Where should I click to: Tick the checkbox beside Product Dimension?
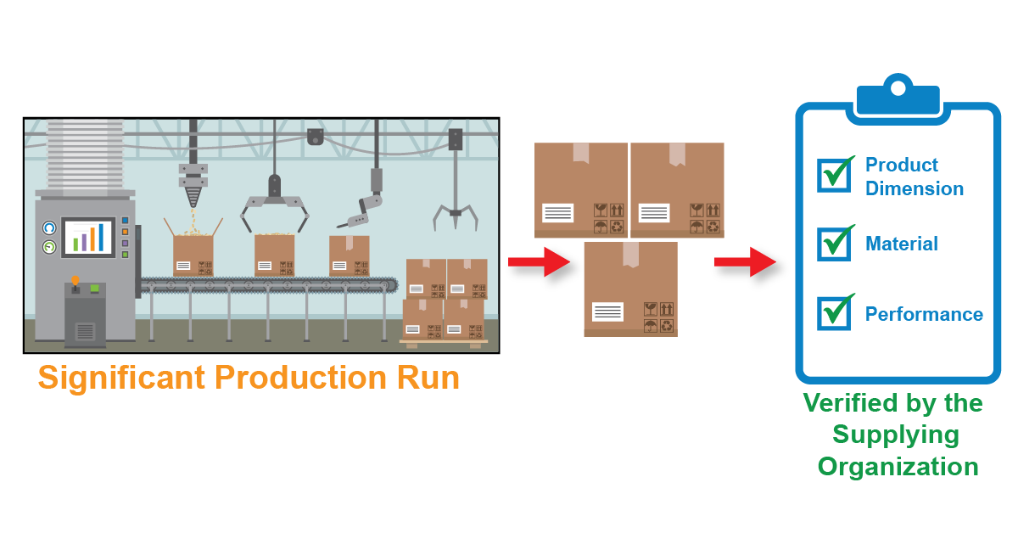point(833,175)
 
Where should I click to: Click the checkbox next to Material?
point(833,244)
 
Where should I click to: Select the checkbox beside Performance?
point(833,313)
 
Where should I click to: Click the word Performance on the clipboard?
point(924,315)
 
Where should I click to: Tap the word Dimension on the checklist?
point(915,188)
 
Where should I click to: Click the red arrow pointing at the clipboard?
point(745,261)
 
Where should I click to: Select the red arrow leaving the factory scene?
point(539,261)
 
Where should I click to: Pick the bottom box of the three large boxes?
point(630,289)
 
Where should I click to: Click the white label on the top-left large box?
point(557,213)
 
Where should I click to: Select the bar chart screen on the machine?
point(88,236)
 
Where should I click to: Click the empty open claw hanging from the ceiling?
point(456,212)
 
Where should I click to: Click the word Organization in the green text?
point(898,467)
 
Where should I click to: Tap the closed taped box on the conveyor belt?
point(349,255)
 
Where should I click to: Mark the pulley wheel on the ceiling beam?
point(316,136)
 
